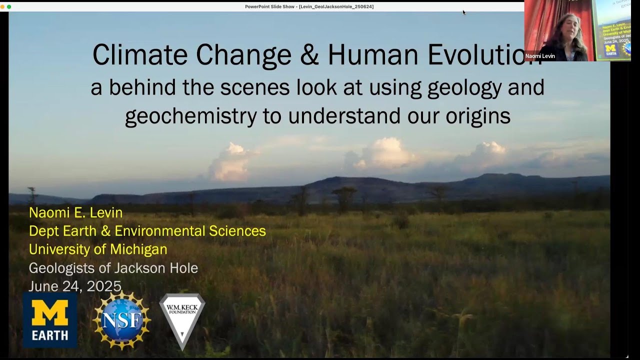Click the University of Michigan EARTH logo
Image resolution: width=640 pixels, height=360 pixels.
50,320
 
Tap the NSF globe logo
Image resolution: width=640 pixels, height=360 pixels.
121,320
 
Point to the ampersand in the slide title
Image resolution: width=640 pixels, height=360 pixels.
310,54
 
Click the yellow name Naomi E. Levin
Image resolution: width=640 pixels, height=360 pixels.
75,212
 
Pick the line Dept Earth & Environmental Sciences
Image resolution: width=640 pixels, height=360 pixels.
147,231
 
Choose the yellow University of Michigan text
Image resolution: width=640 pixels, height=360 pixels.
98,249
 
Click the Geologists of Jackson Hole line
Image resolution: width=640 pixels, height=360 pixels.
113,268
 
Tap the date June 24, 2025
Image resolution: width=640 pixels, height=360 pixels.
75,286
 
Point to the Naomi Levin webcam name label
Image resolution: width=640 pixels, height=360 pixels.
540,56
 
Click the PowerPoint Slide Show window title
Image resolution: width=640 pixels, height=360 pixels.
309,6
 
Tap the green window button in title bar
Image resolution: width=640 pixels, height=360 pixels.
9,6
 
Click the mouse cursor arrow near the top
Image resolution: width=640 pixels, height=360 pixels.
464,12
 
